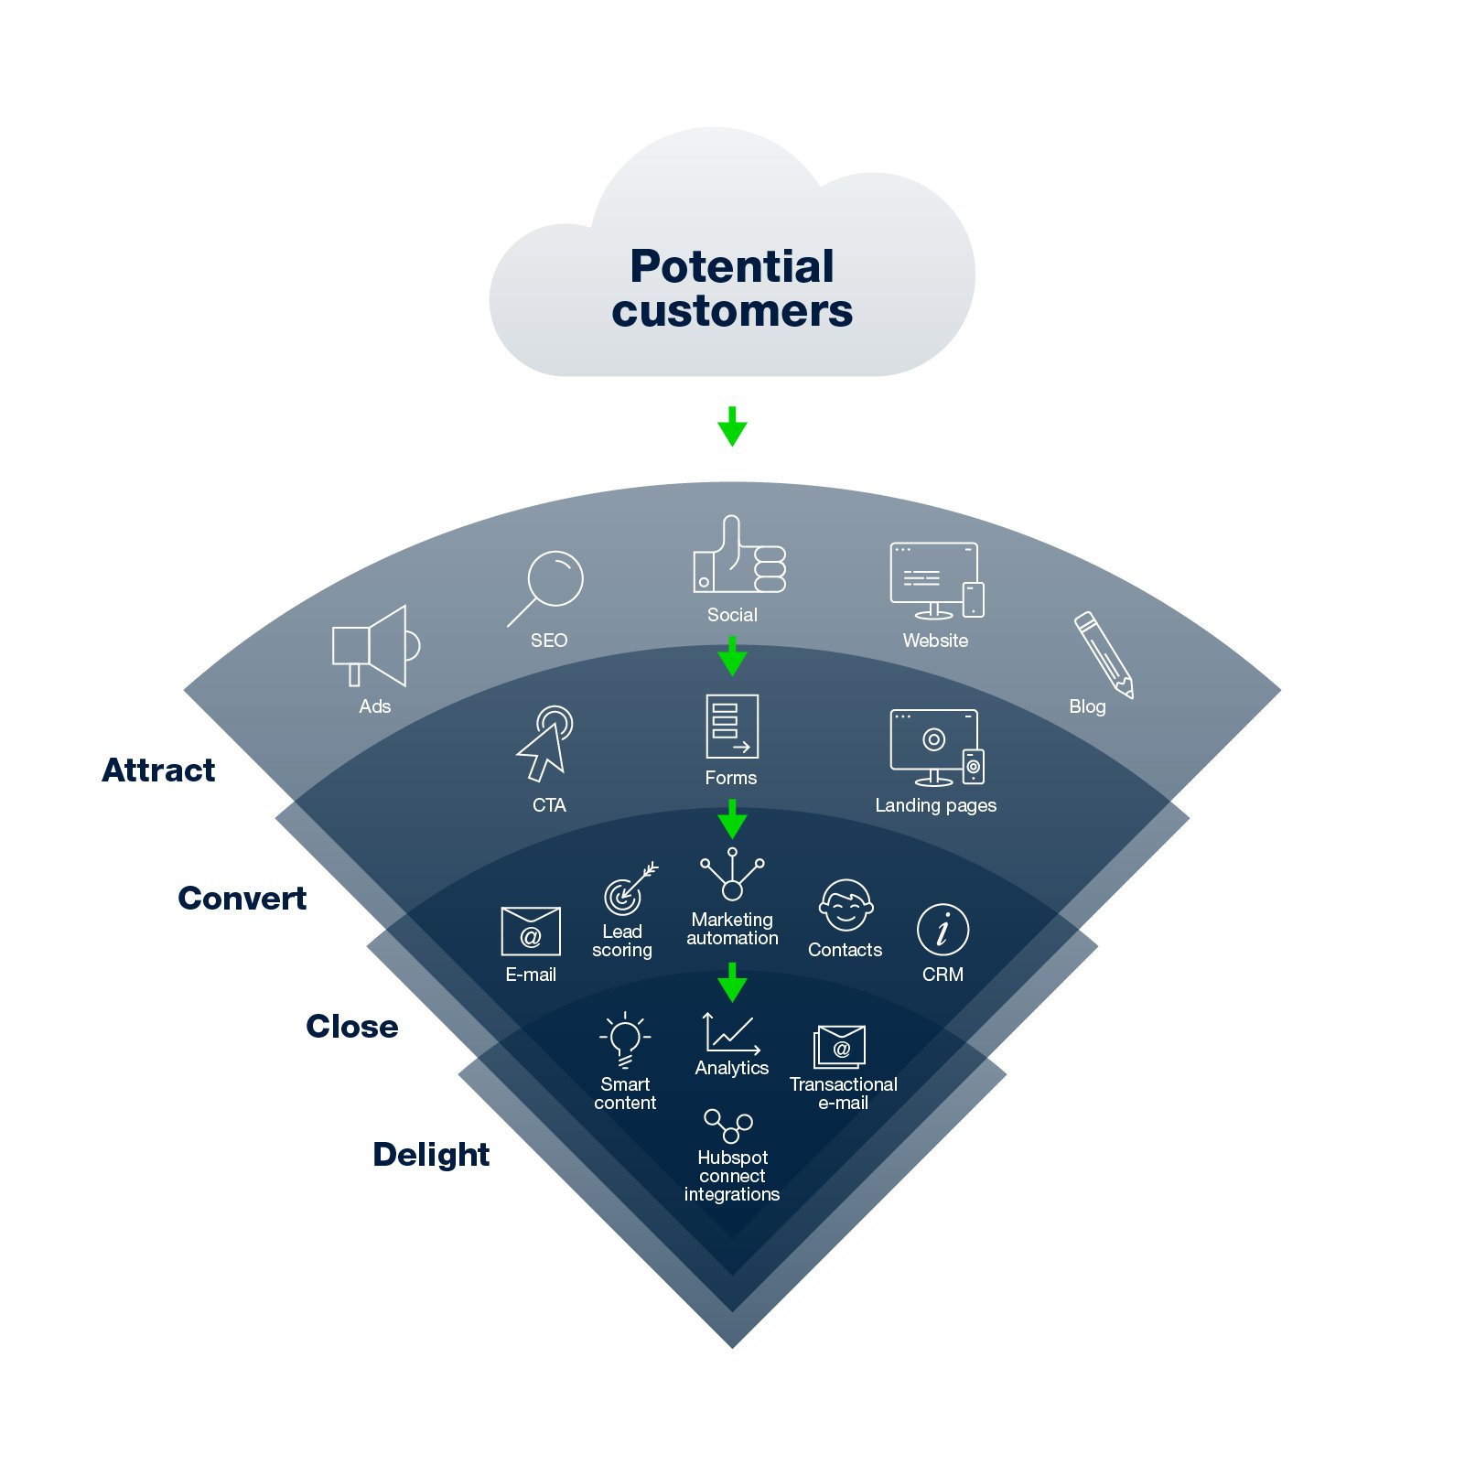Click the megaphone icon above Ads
pyautogui.click(x=375, y=645)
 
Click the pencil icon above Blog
pyautogui.click(x=1104, y=654)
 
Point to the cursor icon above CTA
pyautogui.click(x=545, y=743)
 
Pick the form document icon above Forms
pyautogui.click(x=732, y=726)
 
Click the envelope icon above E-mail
pyautogui.click(x=531, y=932)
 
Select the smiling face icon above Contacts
pyautogui.click(x=846, y=905)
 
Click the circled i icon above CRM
pyautogui.click(x=943, y=930)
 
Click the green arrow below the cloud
pyautogui.click(x=732, y=426)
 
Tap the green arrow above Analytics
pyautogui.click(x=732, y=982)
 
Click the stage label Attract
pyautogui.click(x=159, y=770)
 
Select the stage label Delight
pyautogui.click(x=431, y=1155)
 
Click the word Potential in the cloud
pyautogui.click(x=732, y=267)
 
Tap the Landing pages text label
pyautogui.click(x=935, y=805)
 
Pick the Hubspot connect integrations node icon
pyautogui.click(x=728, y=1126)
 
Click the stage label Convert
pyautogui.click(x=242, y=899)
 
